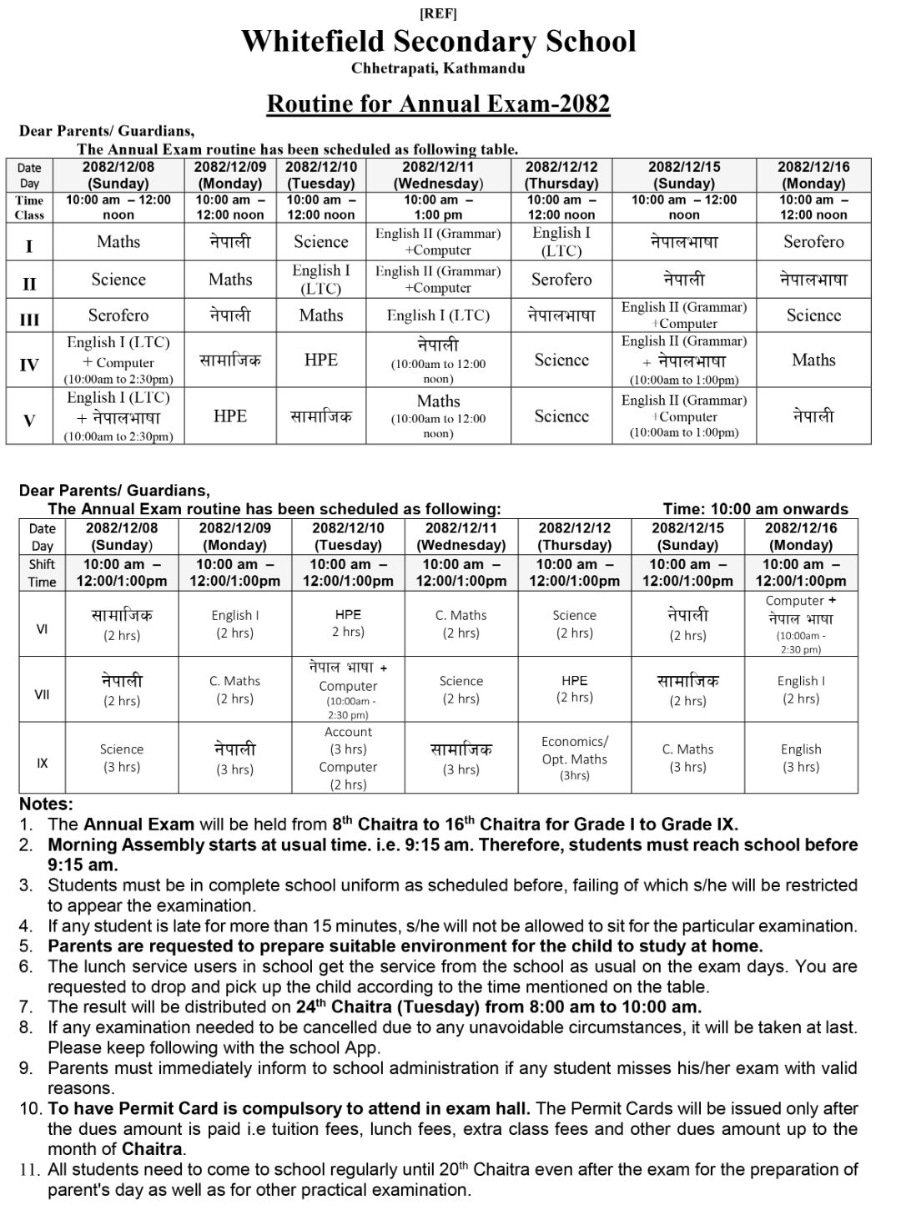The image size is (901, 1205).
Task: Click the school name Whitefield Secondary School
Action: (438, 41)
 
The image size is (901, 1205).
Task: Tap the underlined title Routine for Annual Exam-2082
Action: (438, 103)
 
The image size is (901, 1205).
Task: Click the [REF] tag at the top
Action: (438, 13)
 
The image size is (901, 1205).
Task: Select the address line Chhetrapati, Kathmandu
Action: (438, 68)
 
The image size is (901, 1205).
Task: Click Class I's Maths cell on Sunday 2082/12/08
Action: (118, 242)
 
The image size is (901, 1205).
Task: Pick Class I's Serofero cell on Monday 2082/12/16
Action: (813, 242)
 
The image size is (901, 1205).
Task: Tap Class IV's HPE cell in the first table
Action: (321, 360)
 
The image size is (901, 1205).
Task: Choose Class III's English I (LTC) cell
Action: (438, 315)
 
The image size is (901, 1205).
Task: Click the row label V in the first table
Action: (29, 421)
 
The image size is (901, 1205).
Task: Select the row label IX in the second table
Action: (43, 763)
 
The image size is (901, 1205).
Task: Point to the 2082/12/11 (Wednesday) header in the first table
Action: (438, 174)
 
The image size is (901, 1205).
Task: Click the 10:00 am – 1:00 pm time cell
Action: (438, 207)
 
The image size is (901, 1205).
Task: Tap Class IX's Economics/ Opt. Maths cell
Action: (575, 758)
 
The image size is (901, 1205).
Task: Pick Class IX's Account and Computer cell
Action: (348, 758)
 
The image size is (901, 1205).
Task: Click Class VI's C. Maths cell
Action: (461, 623)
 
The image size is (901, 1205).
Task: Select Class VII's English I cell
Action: (801, 689)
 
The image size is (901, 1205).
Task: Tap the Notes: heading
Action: (46, 804)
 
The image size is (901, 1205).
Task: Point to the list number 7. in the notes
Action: (26, 1007)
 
